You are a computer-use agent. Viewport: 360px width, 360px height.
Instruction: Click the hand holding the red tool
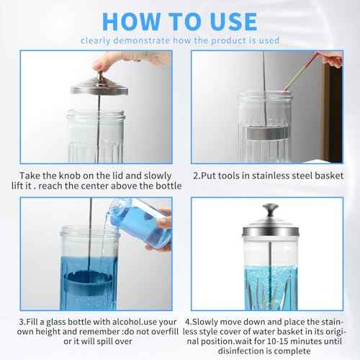click(x=333, y=59)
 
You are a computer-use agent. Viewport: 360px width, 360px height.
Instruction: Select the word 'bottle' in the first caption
click(x=152, y=186)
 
